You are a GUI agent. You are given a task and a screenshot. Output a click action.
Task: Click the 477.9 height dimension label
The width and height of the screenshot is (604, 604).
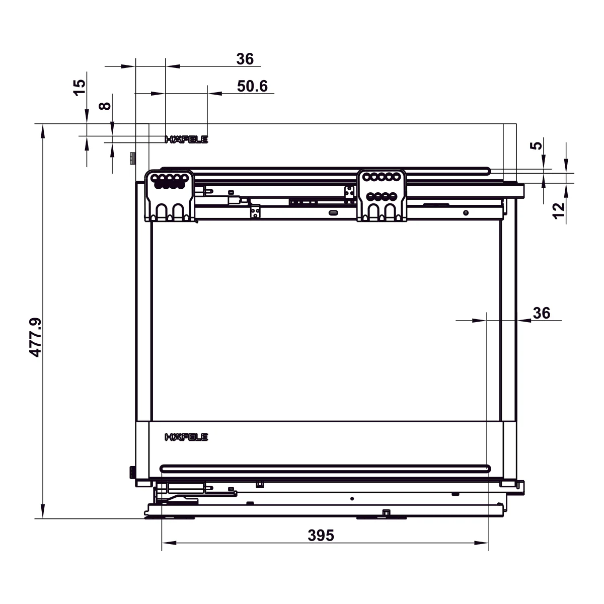[35, 337]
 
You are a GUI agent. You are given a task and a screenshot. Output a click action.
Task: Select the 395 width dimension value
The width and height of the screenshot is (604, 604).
[321, 536]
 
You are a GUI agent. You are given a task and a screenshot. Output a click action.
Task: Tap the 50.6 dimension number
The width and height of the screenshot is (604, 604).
[252, 86]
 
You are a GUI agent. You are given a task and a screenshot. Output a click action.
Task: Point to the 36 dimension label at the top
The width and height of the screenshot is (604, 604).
[245, 59]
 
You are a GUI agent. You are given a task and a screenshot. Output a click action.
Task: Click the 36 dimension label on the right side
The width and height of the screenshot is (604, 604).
[541, 313]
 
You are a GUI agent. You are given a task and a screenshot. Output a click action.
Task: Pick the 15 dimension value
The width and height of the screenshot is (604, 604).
[80, 88]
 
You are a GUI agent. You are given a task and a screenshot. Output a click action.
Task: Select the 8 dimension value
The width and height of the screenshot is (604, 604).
[105, 106]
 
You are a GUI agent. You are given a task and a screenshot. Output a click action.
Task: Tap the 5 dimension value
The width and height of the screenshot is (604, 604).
[536, 146]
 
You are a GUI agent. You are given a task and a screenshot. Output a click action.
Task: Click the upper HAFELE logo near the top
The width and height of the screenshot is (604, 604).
[187, 139]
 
